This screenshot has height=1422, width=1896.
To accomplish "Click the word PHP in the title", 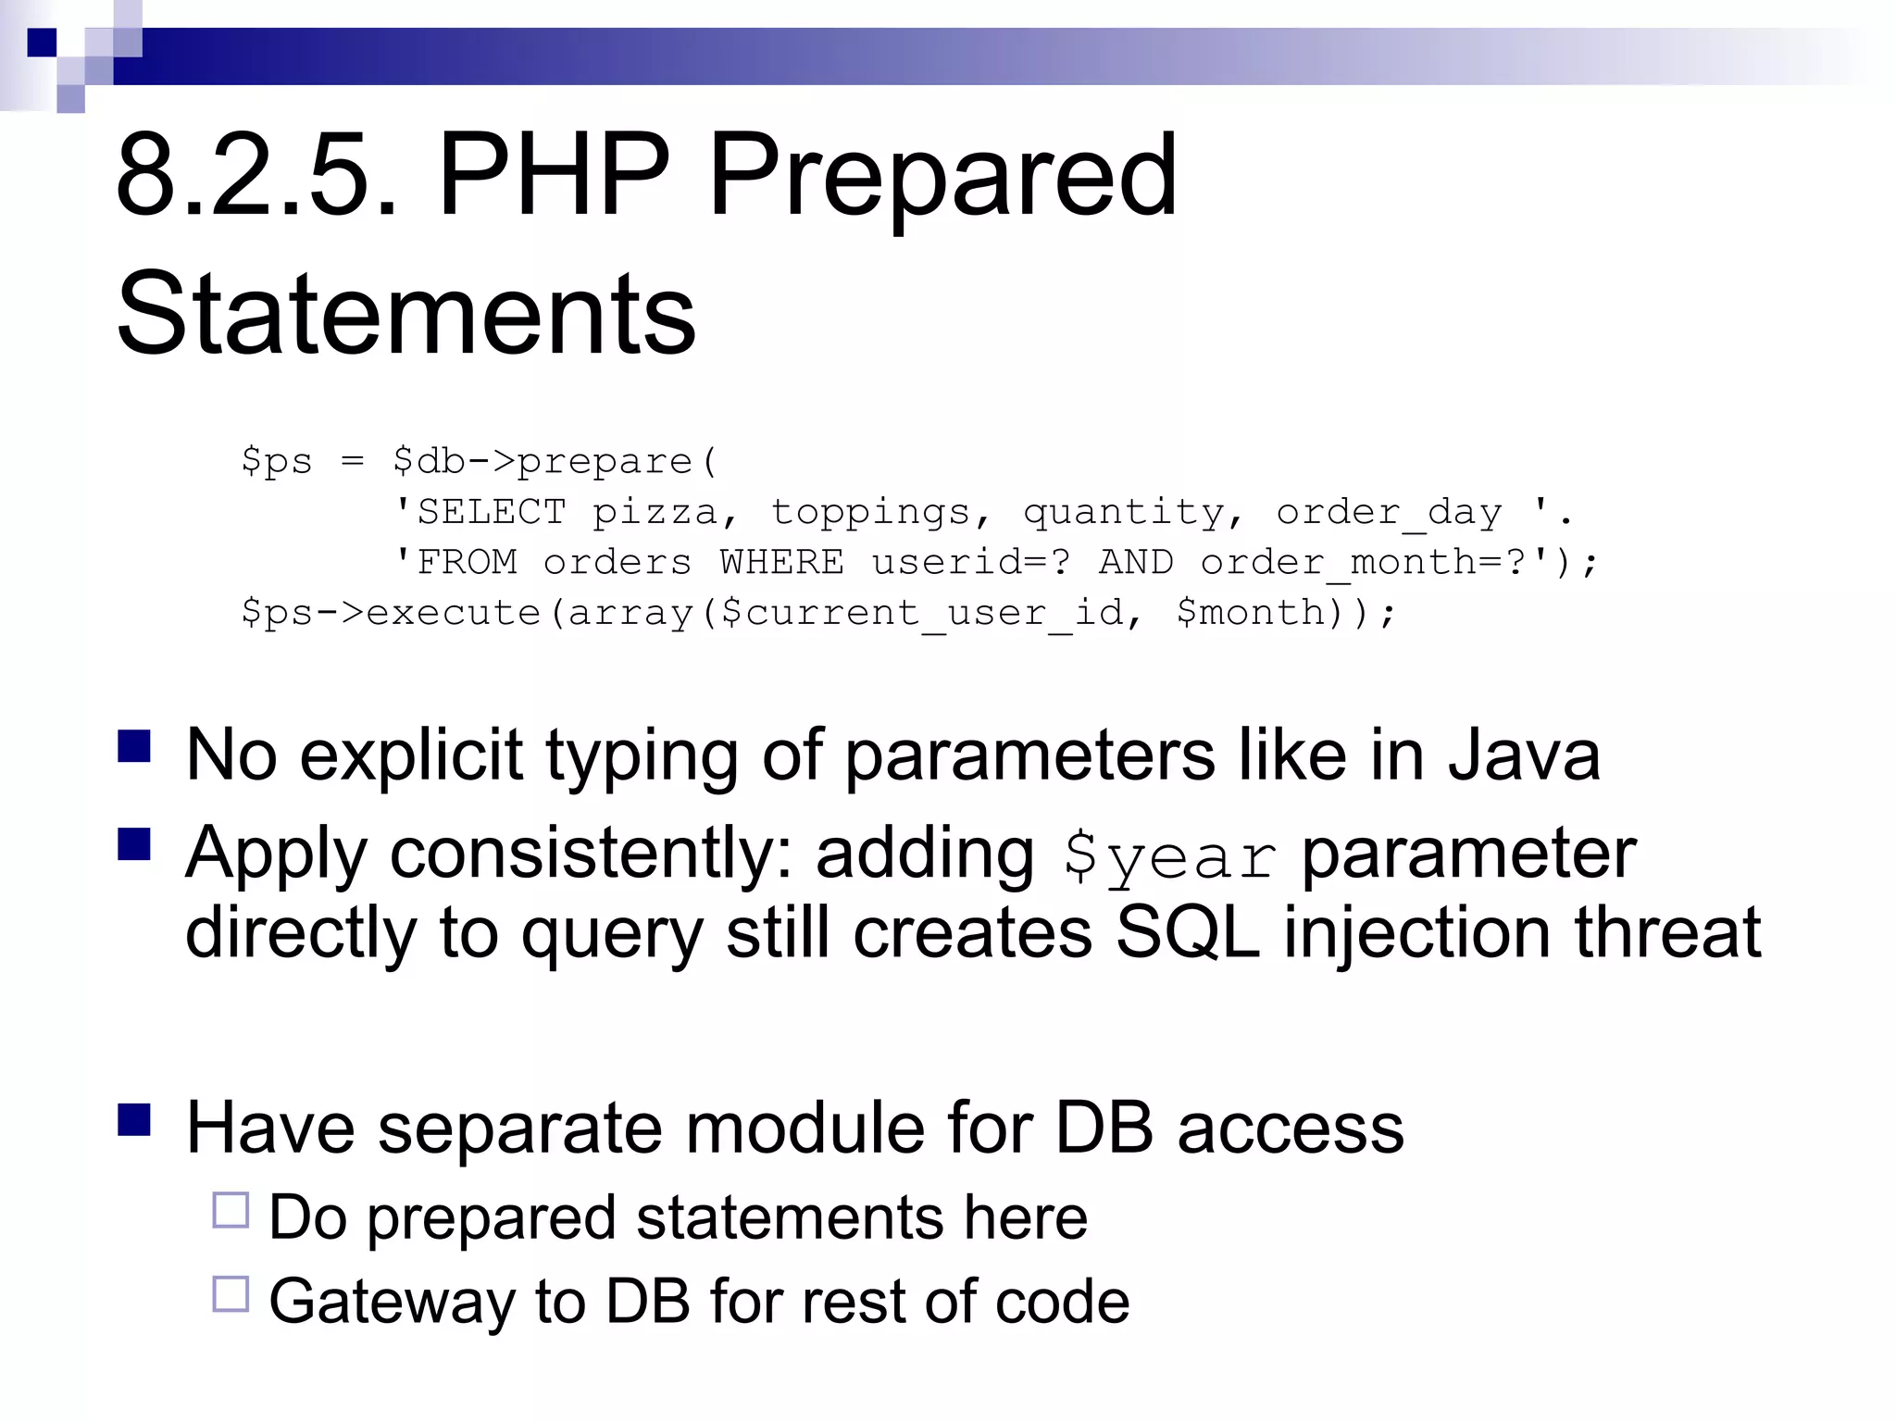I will [553, 176].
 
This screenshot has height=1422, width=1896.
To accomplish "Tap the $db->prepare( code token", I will [554, 461].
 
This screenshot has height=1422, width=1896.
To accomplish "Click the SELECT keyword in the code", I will [491, 512].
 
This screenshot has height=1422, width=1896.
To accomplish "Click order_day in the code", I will [1389, 512].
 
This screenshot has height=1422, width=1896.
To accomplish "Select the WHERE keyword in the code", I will [781, 562].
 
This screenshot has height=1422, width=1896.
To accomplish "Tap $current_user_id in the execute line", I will [920, 613].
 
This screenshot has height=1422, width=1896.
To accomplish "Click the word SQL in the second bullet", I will [1187, 932].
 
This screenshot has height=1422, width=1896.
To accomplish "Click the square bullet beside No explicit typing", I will [134, 746].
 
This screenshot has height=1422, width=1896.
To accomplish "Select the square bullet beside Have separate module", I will [134, 1119].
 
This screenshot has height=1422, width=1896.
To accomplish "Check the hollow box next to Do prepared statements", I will [231, 1210].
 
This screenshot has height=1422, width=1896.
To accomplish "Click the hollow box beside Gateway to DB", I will [231, 1294].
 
